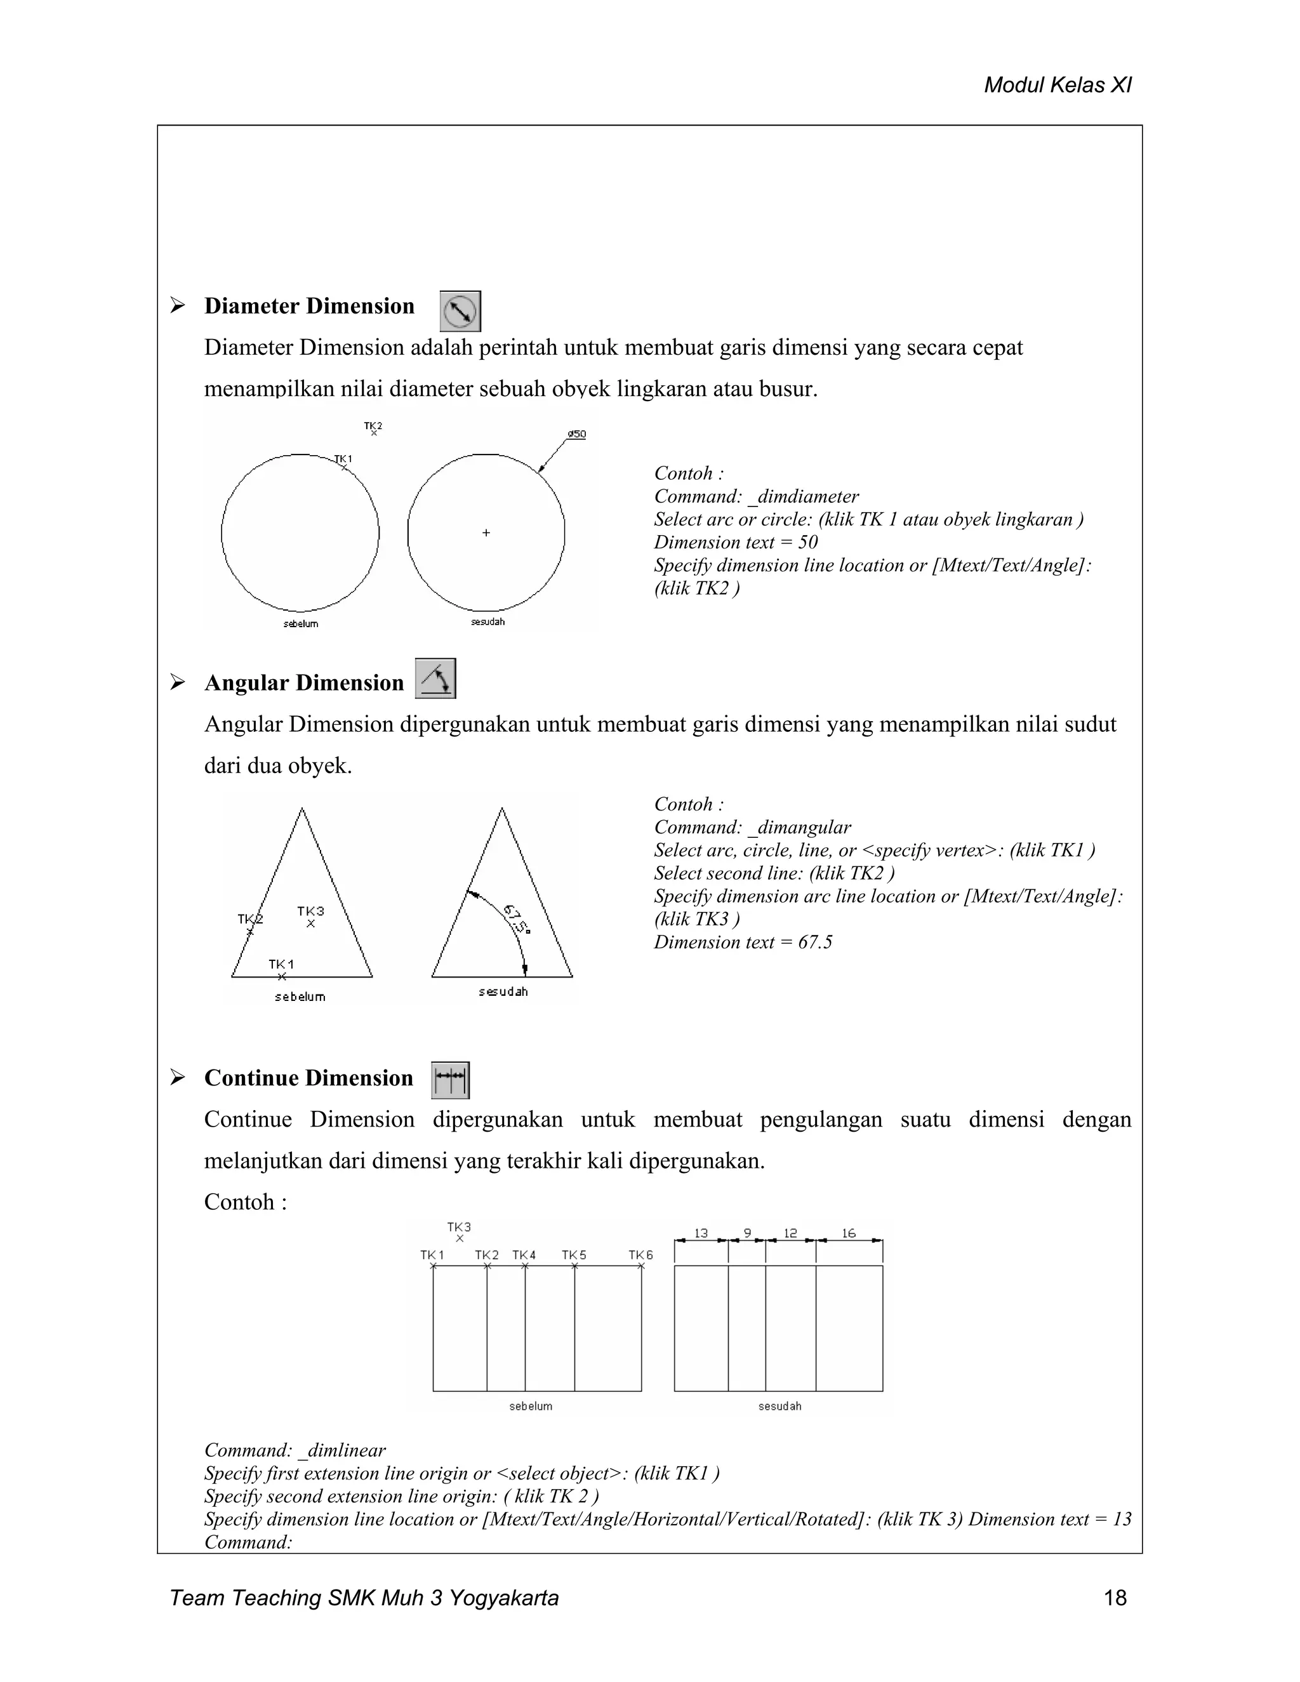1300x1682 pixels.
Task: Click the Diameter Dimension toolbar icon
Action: click(x=460, y=311)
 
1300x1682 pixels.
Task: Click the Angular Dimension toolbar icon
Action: click(x=435, y=679)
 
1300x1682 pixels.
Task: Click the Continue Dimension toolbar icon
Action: click(x=450, y=1080)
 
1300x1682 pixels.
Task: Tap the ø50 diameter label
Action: click(x=577, y=434)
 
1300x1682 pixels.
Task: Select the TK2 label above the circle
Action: click(x=373, y=426)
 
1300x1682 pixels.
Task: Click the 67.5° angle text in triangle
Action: click(x=517, y=919)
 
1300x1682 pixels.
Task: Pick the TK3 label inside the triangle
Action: click(x=310, y=911)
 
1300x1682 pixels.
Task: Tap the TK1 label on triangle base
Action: click(x=281, y=964)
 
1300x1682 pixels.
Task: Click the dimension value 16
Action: click(x=848, y=1233)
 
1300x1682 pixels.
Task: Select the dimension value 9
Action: click(x=747, y=1233)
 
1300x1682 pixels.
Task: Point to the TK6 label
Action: click(x=640, y=1255)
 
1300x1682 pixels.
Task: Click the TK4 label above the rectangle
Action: click(x=524, y=1255)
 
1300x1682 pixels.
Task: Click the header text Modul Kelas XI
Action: click(x=1058, y=86)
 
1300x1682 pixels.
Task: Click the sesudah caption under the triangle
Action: click(x=503, y=992)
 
